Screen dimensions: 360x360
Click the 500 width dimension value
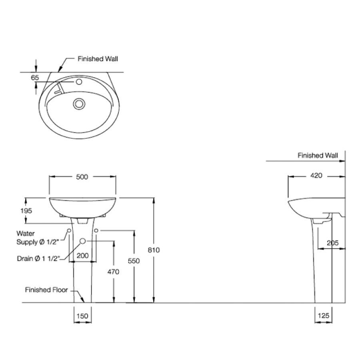pos(82,177)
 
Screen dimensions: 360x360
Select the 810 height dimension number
pos(154,250)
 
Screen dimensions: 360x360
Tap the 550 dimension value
pos(134,261)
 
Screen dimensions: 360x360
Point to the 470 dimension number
pos(114,272)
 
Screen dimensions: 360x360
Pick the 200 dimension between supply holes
pos(82,256)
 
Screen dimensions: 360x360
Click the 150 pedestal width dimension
pos(82,316)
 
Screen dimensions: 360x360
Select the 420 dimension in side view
pos(316,176)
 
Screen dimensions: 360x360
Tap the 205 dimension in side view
pos(332,242)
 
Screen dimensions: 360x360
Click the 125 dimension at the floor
pos(324,316)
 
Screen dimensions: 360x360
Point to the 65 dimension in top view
pos(35,78)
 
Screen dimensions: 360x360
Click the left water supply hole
pos(69,231)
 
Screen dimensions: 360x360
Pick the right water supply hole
pos(97,230)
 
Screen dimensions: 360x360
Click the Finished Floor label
pos(46,290)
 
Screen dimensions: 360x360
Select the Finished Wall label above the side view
pos(318,155)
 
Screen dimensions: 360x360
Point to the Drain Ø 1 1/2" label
pos(38,258)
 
